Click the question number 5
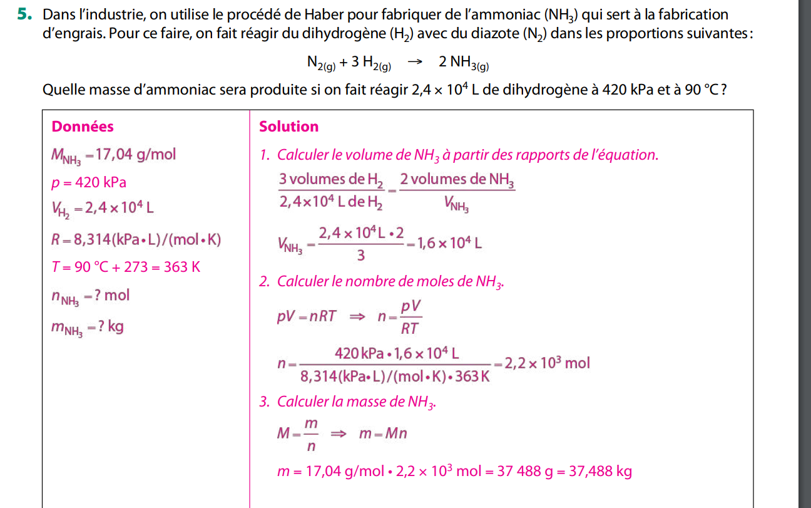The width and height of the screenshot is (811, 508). point(24,14)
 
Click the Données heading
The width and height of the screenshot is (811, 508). point(83,127)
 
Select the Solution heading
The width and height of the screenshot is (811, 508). point(288,127)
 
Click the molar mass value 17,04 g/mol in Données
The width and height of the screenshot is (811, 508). point(136,154)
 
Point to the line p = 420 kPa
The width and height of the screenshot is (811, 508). point(89,182)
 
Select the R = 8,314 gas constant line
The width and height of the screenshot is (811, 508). point(136,239)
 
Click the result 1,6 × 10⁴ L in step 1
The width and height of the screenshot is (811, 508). point(449,243)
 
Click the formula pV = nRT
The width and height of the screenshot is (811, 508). point(307,316)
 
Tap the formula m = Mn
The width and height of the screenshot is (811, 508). point(382,433)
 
